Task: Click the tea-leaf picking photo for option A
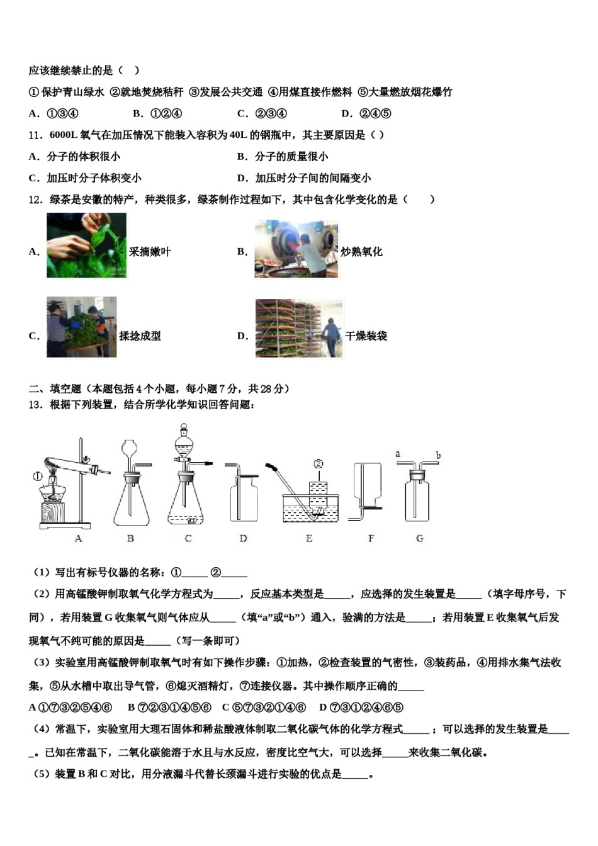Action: click(86, 245)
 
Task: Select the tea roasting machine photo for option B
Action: click(296, 249)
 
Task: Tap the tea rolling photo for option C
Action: click(81, 327)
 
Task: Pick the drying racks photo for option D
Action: click(299, 329)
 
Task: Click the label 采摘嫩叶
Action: click(150, 252)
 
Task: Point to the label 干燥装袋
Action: click(366, 336)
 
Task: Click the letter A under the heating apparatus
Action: click(78, 539)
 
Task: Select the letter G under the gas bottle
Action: click(420, 539)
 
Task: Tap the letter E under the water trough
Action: click(309, 539)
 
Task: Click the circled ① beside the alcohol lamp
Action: click(38, 477)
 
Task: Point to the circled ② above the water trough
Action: click(319, 465)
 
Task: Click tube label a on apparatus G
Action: click(398, 453)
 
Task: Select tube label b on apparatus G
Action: click(438, 455)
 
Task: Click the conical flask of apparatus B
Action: click(132, 504)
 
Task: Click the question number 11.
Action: click(35, 135)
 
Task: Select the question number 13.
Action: click(35, 405)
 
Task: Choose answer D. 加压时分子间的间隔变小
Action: click(304, 178)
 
